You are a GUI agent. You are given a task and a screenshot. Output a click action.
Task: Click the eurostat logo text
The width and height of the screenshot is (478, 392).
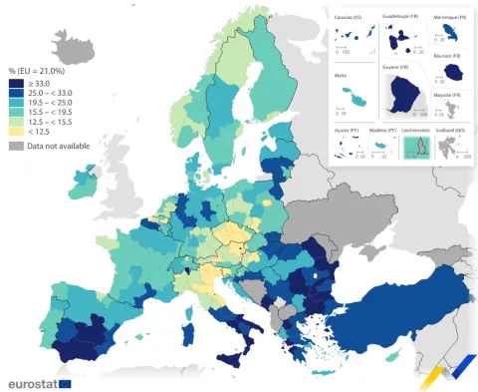32,383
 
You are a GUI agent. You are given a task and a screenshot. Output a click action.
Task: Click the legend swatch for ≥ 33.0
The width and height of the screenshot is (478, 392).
16,83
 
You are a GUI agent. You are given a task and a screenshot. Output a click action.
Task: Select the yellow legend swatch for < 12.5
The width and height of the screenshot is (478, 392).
16,132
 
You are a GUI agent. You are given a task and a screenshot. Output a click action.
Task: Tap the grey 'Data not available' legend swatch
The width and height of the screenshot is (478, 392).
16,146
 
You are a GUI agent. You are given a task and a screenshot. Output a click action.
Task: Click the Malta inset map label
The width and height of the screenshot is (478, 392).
343,73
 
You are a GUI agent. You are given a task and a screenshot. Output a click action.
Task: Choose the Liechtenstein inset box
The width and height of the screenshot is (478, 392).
415,148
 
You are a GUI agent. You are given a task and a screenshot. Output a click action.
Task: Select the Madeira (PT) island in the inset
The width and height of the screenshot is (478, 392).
382,147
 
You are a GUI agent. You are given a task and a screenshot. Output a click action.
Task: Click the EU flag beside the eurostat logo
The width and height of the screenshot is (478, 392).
65,383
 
